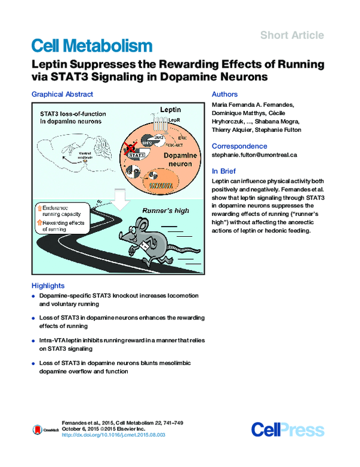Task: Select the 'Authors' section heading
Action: pyautogui.click(x=225, y=94)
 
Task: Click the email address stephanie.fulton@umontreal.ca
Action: pyautogui.click(x=255, y=155)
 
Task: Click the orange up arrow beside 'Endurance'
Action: pyautogui.click(x=40, y=208)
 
